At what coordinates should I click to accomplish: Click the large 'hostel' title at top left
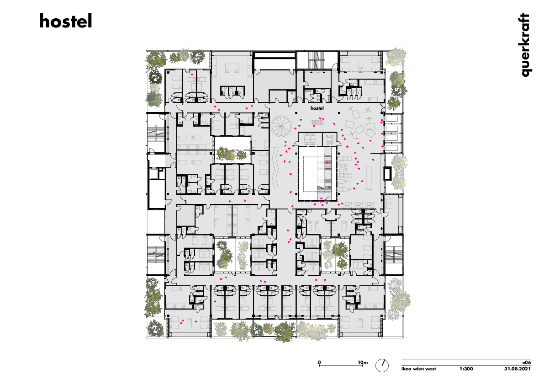click(x=65, y=21)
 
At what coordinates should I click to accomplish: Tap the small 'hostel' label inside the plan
click(x=317, y=108)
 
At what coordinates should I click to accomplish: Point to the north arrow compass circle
click(x=382, y=365)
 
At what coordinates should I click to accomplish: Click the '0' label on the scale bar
click(x=320, y=362)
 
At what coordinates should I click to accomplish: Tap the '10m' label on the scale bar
click(x=363, y=362)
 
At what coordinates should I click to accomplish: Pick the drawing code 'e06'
click(x=526, y=361)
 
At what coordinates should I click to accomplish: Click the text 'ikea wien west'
click(x=418, y=369)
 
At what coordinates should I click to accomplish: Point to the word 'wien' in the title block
click(x=419, y=369)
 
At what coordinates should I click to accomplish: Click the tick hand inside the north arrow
click(x=383, y=364)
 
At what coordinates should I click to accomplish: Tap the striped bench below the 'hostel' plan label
click(x=317, y=122)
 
